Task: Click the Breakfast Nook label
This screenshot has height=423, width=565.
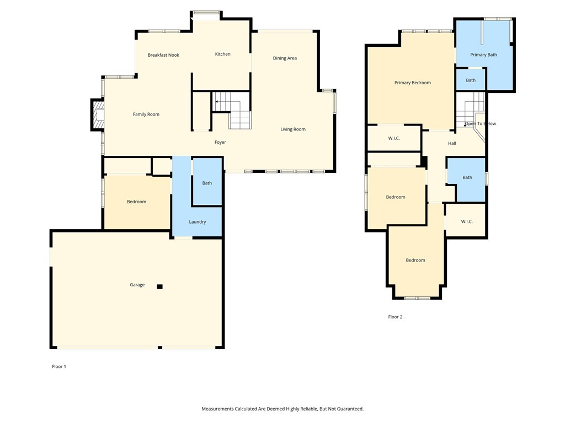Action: click(x=163, y=55)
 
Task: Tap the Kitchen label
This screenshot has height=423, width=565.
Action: click(x=223, y=54)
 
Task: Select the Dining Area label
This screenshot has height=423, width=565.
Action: click(x=285, y=58)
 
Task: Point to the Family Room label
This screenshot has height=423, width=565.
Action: click(x=146, y=115)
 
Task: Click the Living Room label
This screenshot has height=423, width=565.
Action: click(x=293, y=129)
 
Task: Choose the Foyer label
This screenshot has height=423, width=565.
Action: click(x=220, y=143)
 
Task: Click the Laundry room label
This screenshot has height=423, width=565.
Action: click(x=198, y=222)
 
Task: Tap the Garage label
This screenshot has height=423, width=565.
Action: click(x=137, y=285)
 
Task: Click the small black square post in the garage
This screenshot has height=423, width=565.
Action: click(x=160, y=286)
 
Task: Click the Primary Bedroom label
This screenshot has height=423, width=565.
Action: click(x=413, y=83)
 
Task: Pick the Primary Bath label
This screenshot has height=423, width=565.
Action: click(x=484, y=55)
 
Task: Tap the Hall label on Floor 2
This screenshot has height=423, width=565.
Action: click(x=452, y=143)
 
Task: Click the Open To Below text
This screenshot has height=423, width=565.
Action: click(x=480, y=123)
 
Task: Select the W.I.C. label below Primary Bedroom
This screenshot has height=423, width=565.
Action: click(x=394, y=138)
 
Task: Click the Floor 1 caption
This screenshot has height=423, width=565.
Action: click(x=59, y=366)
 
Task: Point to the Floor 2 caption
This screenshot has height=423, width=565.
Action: click(x=395, y=317)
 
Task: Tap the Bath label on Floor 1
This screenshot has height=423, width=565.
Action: click(x=207, y=183)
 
